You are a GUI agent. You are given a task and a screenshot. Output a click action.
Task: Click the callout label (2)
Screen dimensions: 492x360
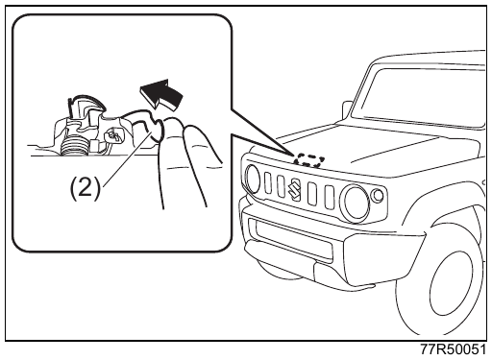coord(85,188)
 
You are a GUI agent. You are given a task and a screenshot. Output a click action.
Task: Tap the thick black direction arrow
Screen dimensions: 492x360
coord(162,93)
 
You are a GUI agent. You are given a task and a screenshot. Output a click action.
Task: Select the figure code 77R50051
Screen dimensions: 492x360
coord(453,349)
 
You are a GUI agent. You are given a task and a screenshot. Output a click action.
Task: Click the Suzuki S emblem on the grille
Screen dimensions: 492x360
coord(294,188)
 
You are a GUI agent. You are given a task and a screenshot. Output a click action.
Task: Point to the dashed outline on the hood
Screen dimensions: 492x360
coord(308,160)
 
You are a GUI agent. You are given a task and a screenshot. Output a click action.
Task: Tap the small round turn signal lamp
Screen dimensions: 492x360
coord(378,195)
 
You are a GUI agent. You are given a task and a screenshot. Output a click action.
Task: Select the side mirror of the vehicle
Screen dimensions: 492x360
coord(348,109)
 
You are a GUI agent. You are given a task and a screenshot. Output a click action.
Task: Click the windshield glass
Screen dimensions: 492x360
coord(420,96)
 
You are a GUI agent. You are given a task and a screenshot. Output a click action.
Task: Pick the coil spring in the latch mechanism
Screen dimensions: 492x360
coord(74,147)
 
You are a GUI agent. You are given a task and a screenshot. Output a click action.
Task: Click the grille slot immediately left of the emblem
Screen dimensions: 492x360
coord(281,186)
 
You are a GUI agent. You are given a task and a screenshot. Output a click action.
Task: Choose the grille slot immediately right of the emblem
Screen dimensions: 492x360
coord(311,193)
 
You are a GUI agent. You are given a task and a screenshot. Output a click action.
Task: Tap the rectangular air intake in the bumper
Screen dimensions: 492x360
coord(292,239)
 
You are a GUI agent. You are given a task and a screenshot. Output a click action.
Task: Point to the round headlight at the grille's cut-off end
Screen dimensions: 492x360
coord(253,179)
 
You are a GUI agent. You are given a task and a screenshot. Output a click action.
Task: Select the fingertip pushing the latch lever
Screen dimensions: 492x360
coord(170,128)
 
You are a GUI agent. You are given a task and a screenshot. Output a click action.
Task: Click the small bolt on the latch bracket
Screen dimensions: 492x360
coord(114,135)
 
